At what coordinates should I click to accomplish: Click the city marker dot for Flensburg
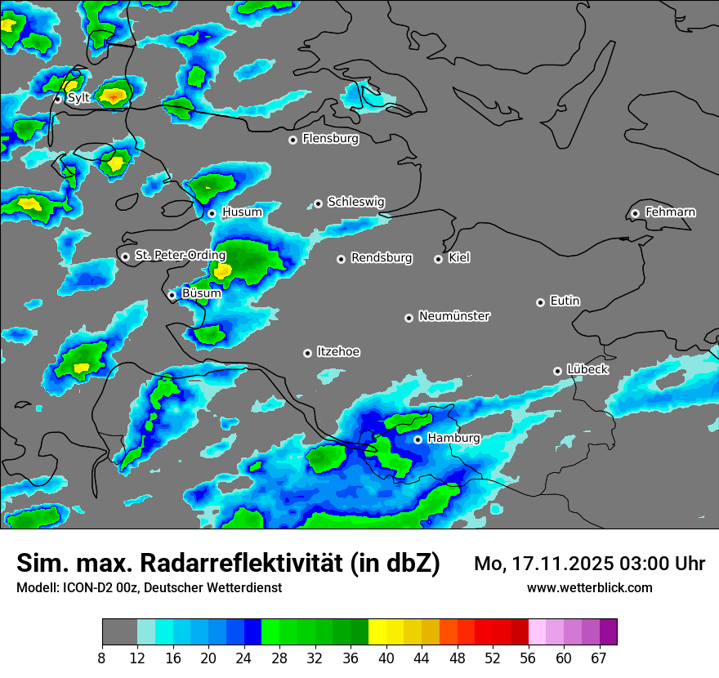tap(293, 140)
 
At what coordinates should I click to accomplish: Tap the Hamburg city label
tap(453, 439)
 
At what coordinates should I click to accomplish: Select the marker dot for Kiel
tap(438, 259)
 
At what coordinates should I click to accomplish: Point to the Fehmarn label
tap(670, 212)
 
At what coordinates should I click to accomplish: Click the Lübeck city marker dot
tap(557, 371)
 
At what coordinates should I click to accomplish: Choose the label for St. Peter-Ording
tap(180, 256)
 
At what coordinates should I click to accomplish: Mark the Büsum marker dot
tap(172, 295)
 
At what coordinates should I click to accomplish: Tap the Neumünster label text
tap(454, 316)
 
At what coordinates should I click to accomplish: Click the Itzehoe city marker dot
tap(307, 353)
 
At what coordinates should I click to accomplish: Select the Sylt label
tap(78, 98)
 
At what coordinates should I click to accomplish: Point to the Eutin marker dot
tap(540, 302)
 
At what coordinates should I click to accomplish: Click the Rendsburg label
tap(382, 258)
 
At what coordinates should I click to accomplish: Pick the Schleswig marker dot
tap(318, 203)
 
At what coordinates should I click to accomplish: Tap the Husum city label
tap(242, 212)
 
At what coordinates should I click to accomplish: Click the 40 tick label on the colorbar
tap(386, 658)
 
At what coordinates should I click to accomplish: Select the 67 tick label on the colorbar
tap(598, 658)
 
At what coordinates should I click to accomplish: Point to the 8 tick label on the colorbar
tap(102, 658)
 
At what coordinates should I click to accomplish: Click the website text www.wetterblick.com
tap(589, 588)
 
